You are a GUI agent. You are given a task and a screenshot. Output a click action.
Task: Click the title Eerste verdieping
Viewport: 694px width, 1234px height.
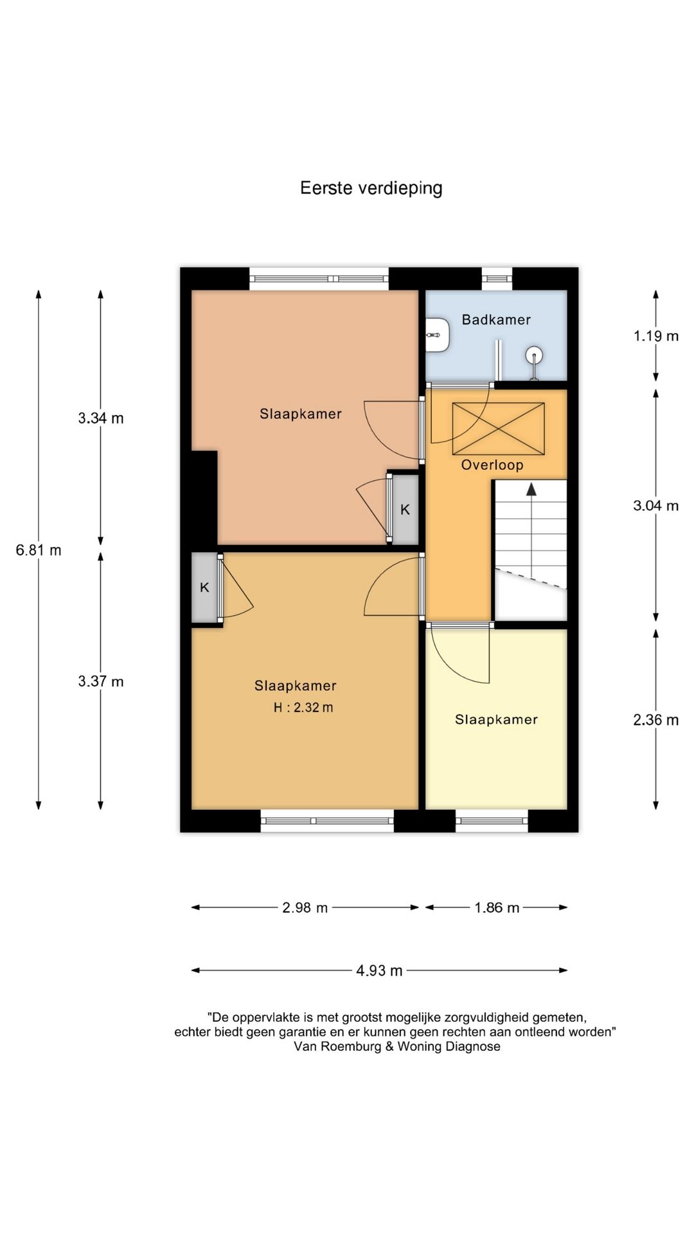coord(371,188)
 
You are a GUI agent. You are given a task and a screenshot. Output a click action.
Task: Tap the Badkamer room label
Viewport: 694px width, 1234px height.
coord(496,319)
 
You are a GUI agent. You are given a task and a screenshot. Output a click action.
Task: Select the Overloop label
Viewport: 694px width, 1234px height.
coord(492,465)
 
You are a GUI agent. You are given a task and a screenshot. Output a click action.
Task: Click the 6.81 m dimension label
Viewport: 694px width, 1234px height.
coord(39,550)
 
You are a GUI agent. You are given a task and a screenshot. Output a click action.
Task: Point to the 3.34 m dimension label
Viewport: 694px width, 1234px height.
coord(101,418)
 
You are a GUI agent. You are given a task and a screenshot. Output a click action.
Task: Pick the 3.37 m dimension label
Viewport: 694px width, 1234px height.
coord(101,681)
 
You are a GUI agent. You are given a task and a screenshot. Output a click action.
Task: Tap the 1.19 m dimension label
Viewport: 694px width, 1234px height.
coord(656,335)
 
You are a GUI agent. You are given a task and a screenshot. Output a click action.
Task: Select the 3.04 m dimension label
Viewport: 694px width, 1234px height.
coord(656,506)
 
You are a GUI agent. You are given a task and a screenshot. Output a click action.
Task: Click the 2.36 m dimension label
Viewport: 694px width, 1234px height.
coord(656,720)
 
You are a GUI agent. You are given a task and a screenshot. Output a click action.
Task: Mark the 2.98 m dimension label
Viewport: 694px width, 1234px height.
coord(305,908)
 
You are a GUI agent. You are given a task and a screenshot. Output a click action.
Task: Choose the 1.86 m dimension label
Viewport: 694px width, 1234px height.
coord(497,908)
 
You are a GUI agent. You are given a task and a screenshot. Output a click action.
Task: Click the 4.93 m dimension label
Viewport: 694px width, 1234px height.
coord(380,970)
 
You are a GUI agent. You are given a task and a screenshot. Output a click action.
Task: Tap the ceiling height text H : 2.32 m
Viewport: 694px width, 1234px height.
coord(303,708)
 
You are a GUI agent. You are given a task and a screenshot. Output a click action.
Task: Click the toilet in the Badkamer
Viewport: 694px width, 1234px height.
coord(438,334)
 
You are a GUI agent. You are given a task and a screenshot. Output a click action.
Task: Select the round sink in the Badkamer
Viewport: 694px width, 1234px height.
coord(534,355)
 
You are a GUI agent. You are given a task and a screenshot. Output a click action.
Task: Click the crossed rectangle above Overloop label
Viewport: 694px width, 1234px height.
coord(499,429)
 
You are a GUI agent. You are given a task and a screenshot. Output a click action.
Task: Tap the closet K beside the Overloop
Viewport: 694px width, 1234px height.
coord(405,510)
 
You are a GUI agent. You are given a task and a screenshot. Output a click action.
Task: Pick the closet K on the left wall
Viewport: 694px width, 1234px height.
coord(204,587)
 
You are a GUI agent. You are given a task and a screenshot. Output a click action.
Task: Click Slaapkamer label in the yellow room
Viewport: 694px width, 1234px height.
coord(497,720)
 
